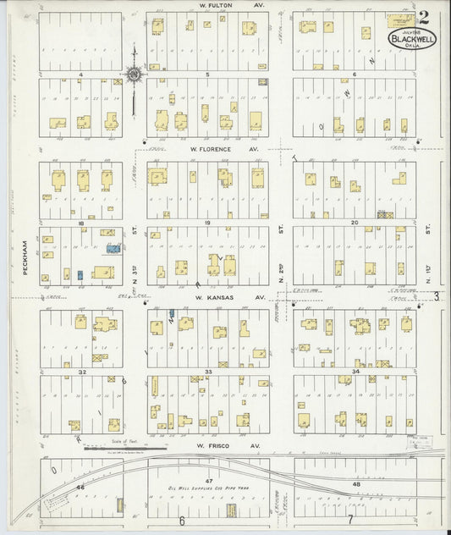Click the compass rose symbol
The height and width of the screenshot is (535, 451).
point(134,75)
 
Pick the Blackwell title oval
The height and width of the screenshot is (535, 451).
point(412,37)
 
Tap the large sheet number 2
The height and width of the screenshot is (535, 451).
point(422,14)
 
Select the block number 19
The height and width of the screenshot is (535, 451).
point(207,223)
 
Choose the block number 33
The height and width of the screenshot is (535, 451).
point(207,372)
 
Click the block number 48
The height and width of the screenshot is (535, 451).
point(356,483)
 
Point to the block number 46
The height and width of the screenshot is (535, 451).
point(81,488)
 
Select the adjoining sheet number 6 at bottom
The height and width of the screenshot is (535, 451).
point(181,521)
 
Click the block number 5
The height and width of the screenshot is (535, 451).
point(207,75)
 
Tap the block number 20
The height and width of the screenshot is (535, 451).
point(355,223)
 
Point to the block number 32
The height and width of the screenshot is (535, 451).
point(81,372)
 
